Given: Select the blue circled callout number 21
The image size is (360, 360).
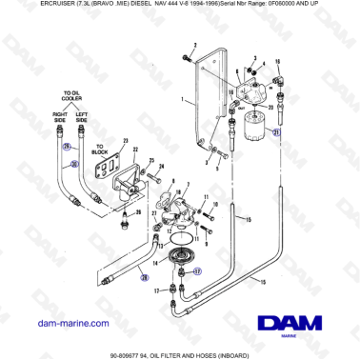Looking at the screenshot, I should [276, 133].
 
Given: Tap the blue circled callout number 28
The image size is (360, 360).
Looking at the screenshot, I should [144, 277].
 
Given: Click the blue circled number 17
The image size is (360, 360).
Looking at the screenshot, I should [198, 270].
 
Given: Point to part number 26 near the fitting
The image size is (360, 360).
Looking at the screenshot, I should [138, 213].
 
